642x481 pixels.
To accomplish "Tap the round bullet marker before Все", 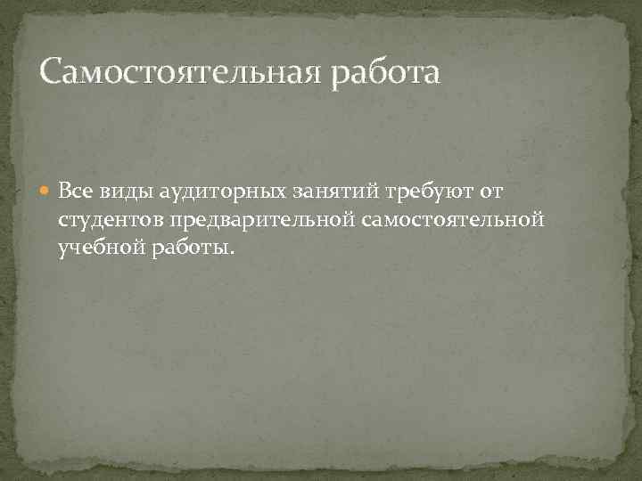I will [x=45, y=192].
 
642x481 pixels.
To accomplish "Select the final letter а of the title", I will [x=431, y=75].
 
